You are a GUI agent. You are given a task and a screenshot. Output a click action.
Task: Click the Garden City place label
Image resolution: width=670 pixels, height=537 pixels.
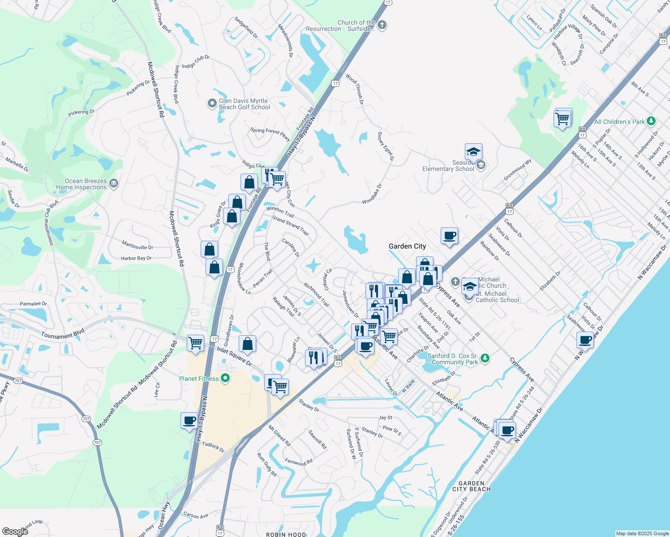click(x=407, y=246)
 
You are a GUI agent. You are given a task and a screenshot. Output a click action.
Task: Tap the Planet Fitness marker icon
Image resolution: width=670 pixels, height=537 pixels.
click(x=225, y=379)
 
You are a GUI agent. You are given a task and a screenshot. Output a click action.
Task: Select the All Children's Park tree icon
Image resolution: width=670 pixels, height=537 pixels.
click(x=651, y=121)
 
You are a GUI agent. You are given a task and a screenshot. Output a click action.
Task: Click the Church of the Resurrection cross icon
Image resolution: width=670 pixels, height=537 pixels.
click(x=382, y=25)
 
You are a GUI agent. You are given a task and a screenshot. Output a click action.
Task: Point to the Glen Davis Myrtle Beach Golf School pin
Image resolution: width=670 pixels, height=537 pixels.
click(x=212, y=104)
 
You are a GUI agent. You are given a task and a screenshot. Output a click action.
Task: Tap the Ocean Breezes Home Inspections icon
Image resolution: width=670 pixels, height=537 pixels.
click(x=114, y=183)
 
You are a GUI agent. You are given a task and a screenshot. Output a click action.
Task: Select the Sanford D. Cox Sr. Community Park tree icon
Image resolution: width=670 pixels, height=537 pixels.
click(x=485, y=358)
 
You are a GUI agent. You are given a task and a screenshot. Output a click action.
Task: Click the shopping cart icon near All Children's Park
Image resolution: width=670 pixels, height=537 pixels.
click(x=562, y=119)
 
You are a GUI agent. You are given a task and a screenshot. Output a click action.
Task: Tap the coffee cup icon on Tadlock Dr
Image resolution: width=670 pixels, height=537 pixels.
click(x=189, y=421)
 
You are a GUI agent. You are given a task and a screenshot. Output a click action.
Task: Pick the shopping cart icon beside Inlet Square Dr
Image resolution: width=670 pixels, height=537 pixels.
click(x=196, y=343)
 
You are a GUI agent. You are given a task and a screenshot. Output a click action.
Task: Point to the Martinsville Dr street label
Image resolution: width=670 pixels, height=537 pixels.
click(x=137, y=246)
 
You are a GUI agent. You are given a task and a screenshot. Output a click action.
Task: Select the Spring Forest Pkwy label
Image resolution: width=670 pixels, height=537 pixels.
click(x=270, y=133)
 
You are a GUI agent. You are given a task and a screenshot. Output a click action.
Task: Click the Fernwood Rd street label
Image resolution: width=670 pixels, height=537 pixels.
click(x=299, y=462)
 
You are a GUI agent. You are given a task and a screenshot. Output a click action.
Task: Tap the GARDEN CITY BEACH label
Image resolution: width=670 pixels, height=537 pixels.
click(x=471, y=486)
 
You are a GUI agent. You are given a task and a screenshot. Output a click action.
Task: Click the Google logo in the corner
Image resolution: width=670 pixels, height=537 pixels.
click(x=15, y=531)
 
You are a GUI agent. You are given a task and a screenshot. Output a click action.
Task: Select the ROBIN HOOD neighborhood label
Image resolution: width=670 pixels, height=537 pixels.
click(x=286, y=534)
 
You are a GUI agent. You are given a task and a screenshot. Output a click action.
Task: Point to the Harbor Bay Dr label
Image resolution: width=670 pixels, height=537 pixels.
click(x=136, y=258)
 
